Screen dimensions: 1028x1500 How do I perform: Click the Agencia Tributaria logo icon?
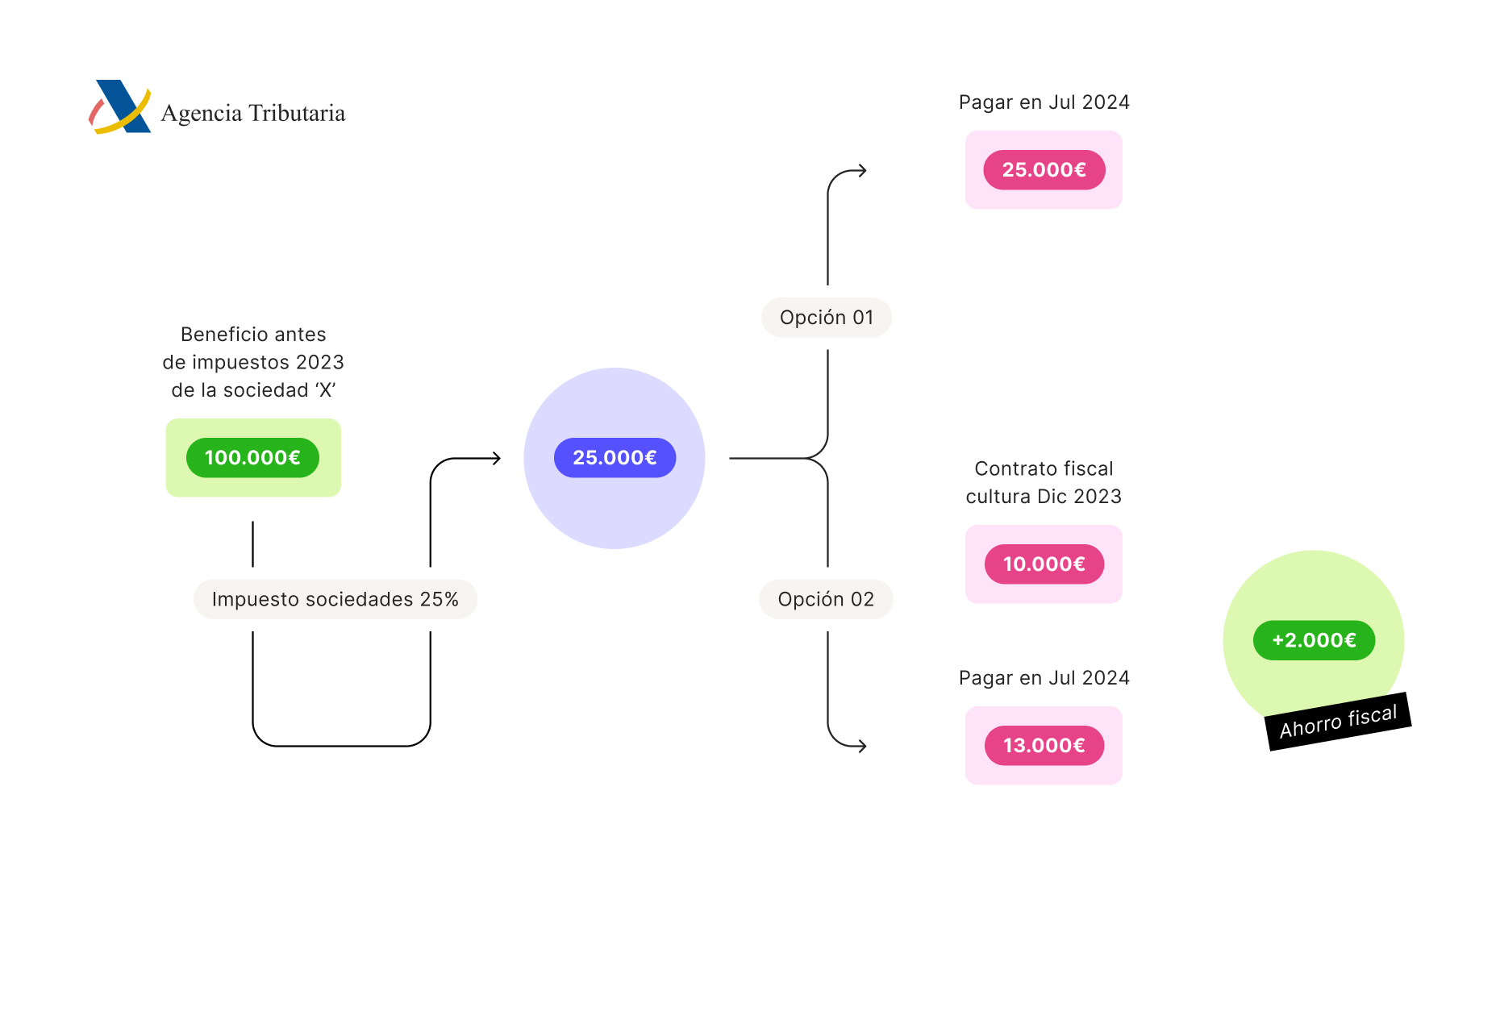pos(120,106)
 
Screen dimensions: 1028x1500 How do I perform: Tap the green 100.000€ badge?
pos(252,458)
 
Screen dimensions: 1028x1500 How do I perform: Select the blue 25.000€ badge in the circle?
pos(615,458)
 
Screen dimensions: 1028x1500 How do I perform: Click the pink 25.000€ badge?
pos(1044,170)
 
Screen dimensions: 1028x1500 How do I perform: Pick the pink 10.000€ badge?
pos(1044,564)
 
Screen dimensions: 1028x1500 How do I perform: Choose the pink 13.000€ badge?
pos(1044,746)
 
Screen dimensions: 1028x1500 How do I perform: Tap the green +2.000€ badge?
pos(1314,641)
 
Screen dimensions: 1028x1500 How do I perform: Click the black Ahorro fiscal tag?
pos(1338,722)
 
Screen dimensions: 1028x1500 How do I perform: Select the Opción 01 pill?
pos(827,318)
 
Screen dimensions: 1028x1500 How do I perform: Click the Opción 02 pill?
pos(826,600)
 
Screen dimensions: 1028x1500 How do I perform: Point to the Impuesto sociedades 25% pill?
pos(335,600)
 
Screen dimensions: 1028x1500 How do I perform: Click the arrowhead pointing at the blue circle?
pos(497,459)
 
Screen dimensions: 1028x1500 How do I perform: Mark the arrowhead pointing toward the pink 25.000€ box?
pos(862,171)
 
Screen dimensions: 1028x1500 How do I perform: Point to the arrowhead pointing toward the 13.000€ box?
pos(862,747)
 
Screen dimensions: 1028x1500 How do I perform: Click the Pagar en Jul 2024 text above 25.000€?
pos(1044,102)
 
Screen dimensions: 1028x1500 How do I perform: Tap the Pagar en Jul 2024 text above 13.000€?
pos(1044,678)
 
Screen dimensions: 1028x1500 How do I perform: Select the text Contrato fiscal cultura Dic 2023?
pos(1044,482)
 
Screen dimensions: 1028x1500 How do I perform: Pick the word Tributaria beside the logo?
pos(297,113)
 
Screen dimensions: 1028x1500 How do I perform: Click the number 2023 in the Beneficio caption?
pos(319,363)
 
